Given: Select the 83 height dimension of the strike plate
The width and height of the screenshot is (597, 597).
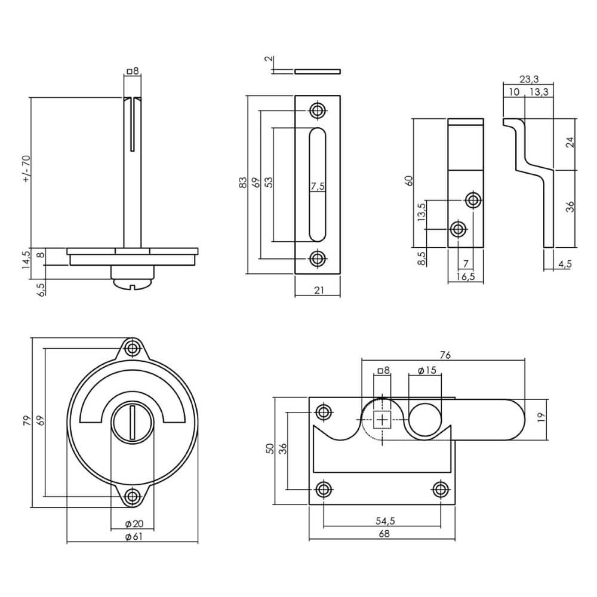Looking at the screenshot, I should [x=242, y=183].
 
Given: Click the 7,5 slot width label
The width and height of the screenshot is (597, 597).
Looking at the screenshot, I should [x=318, y=186].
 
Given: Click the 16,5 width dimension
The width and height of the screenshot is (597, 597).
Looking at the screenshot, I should [x=466, y=277].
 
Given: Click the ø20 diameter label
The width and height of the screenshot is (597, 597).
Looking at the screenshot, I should [x=134, y=524].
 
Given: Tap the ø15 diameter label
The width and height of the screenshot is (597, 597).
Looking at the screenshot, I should [x=427, y=371].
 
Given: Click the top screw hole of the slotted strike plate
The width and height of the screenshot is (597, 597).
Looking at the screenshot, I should [x=318, y=110].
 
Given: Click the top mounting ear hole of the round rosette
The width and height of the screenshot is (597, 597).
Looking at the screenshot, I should [x=133, y=348].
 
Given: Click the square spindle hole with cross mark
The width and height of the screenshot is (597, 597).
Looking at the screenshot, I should [x=383, y=420].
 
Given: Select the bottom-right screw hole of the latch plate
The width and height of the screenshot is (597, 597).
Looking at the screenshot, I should [x=441, y=490].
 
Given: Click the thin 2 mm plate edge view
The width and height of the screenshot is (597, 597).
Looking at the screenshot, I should [x=318, y=71].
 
